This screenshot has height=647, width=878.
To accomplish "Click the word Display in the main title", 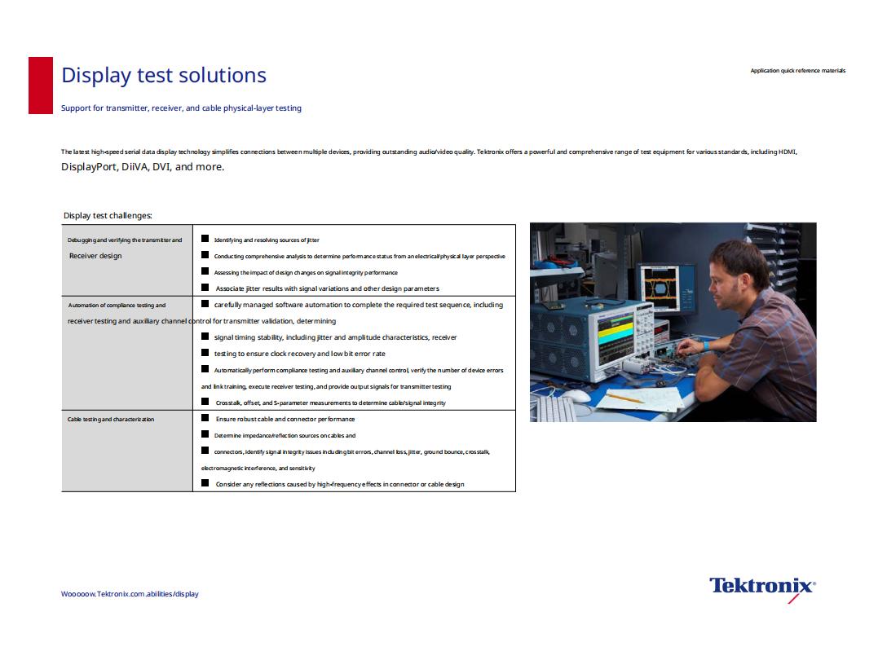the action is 96,76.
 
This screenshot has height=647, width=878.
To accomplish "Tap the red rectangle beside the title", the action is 41,86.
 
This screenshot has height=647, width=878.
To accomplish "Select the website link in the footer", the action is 130,594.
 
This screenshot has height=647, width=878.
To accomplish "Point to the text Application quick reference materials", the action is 798,71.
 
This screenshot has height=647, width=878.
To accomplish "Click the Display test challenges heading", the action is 108,215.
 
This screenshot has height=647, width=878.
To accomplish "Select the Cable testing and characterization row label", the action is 111,419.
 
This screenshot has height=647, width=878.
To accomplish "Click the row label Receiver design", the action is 95,256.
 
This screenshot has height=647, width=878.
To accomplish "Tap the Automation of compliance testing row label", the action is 117,305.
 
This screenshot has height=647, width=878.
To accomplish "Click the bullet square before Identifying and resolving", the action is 205,239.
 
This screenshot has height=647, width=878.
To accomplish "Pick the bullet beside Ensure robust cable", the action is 205,418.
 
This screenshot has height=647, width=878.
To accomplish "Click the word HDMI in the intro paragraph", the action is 787,152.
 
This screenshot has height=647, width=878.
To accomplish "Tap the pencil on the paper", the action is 625,398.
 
